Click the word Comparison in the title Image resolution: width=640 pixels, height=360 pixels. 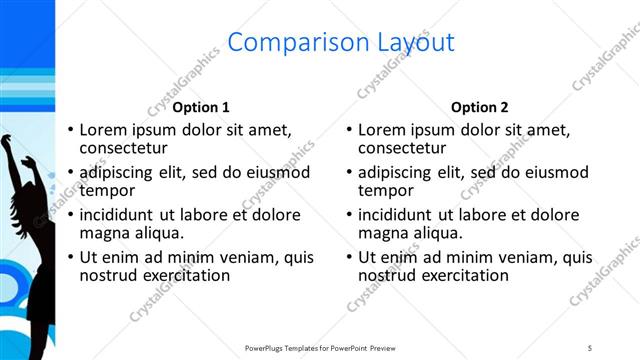pyautogui.click(x=285, y=42)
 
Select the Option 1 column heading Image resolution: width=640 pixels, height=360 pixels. pyautogui.click(x=201, y=107)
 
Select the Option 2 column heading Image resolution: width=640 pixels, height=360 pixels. pyautogui.click(x=480, y=107)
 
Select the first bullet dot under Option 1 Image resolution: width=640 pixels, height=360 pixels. pyautogui.click(x=70, y=131)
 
